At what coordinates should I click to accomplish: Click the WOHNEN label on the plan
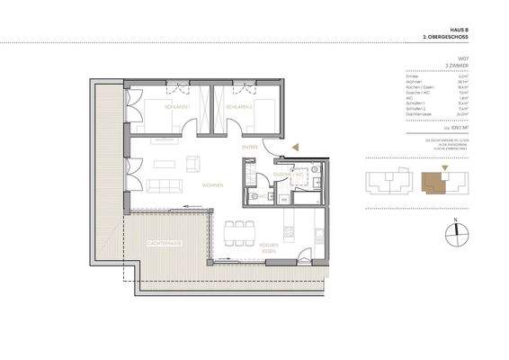click(x=212, y=185)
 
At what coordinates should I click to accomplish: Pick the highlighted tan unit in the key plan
click(x=435, y=183)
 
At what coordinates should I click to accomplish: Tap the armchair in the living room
click(x=192, y=164)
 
